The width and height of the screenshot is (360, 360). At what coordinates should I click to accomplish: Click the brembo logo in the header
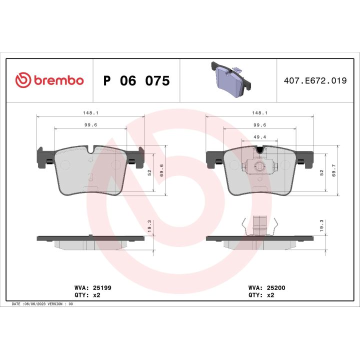[49, 80]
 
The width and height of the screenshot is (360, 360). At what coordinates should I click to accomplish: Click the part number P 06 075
[136, 80]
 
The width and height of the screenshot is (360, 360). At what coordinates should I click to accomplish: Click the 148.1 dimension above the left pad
[90, 112]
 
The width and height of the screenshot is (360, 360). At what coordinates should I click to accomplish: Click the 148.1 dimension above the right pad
[260, 112]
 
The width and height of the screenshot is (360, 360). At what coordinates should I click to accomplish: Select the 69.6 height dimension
[161, 170]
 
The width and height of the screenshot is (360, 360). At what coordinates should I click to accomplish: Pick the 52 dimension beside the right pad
[321, 171]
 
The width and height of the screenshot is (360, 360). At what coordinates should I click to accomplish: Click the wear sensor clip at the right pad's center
[259, 167]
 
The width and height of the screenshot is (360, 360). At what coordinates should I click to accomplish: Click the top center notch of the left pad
[90, 149]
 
